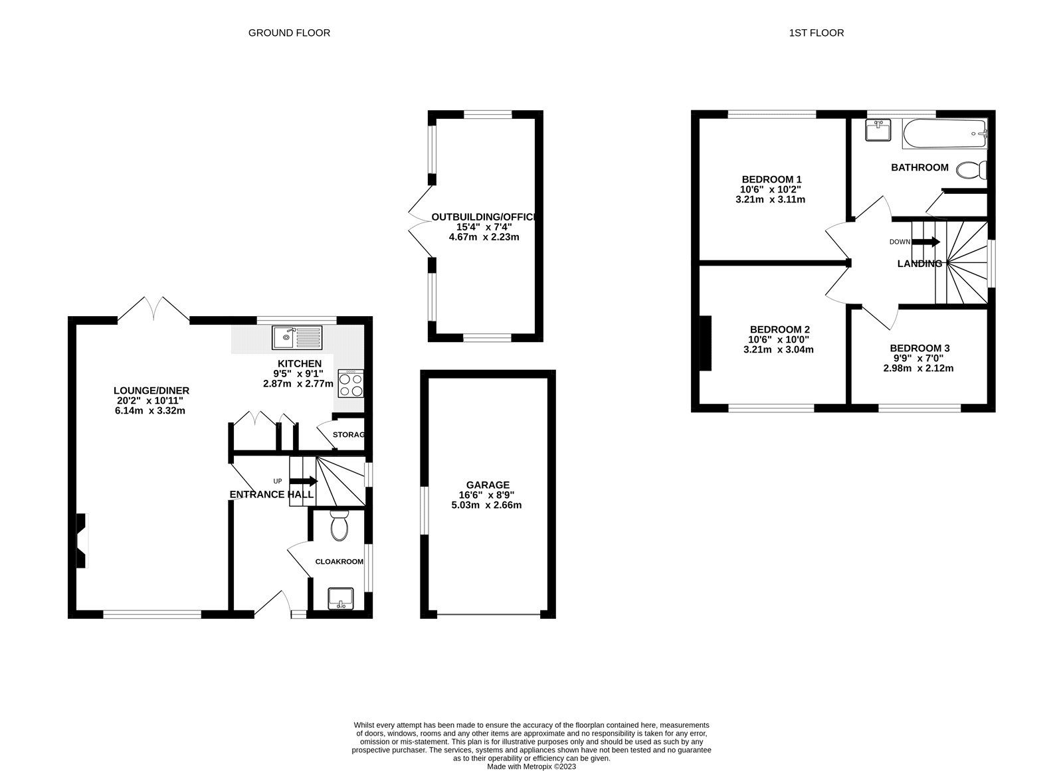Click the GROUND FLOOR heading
289,33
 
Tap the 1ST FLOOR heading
817,33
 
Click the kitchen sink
296,337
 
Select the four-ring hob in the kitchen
350,384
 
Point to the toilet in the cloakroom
339,526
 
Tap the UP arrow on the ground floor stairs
302,481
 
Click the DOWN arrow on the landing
927,242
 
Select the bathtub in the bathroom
945,133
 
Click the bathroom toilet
973,171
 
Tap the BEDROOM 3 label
919,348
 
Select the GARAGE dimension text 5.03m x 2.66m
486,505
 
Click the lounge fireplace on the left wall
81,540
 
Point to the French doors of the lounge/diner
153,309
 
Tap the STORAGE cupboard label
349,435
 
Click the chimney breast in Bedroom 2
705,343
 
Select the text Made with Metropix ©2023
531,766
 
